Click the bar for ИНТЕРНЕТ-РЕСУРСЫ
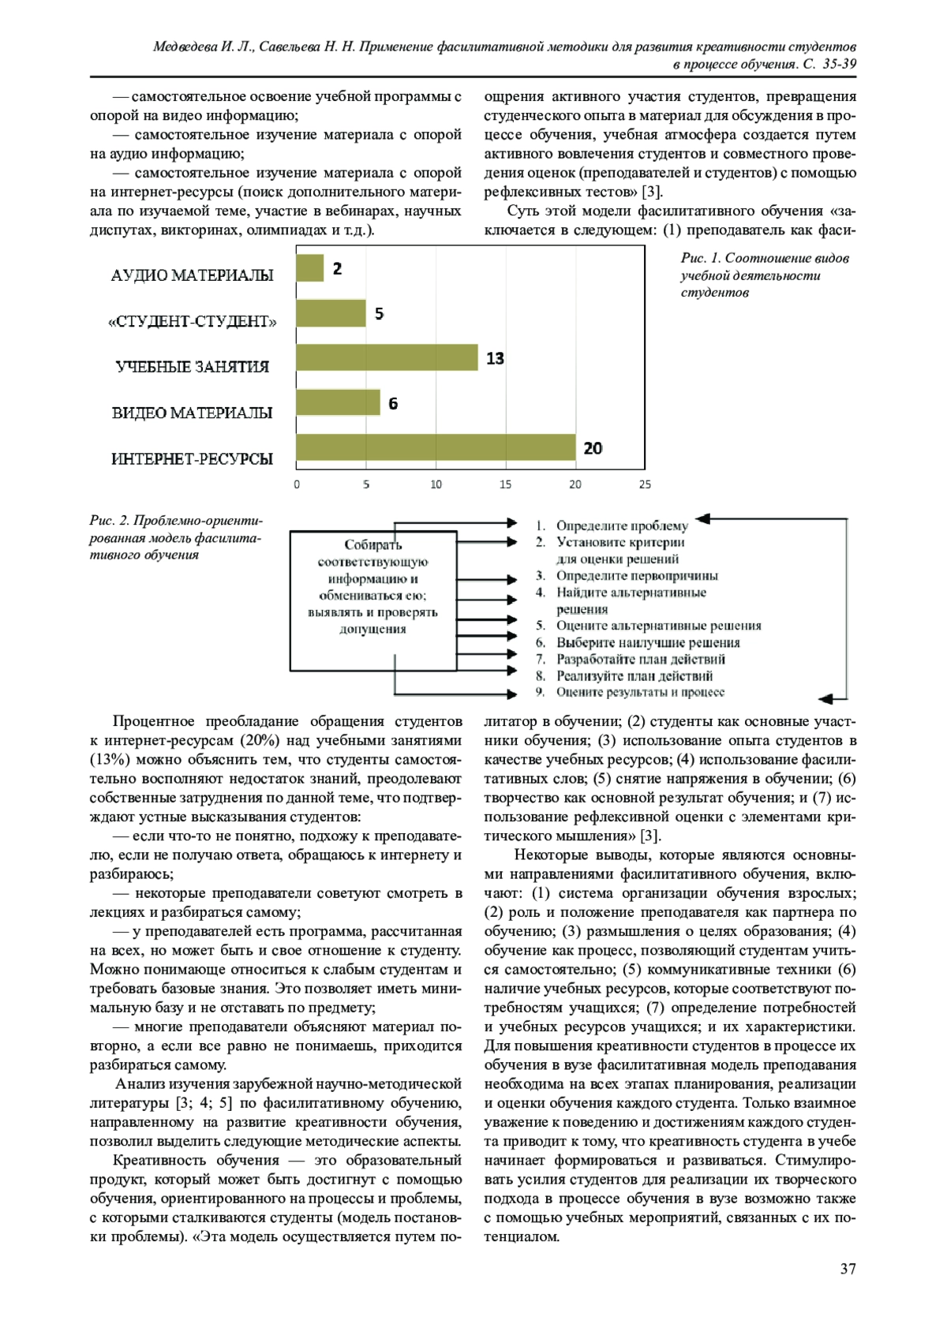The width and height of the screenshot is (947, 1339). tap(436, 448)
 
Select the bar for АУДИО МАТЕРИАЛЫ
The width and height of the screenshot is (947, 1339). tap(310, 268)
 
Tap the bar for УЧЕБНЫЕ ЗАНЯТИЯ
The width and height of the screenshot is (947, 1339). tap(387, 357)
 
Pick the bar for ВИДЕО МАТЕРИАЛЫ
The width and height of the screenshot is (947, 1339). tap(338, 402)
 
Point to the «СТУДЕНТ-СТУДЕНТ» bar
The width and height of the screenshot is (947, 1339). tap(331, 313)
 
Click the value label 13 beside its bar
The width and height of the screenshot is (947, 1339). tap(495, 359)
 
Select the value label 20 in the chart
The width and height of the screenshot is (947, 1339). tap(593, 448)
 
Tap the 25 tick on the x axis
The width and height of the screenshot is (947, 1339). tap(645, 484)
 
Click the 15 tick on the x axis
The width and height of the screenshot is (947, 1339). tap(506, 484)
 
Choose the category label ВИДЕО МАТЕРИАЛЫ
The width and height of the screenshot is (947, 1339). tap(192, 413)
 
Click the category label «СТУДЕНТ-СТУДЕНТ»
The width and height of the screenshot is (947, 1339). tap(192, 321)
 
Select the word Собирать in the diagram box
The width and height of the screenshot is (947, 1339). tap(372, 544)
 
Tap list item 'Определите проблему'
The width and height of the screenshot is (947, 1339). tap(622, 526)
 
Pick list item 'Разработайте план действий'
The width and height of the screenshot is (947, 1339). tap(640, 659)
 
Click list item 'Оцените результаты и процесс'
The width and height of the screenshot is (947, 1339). tap(640, 692)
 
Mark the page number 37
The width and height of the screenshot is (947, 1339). tap(848, 1269)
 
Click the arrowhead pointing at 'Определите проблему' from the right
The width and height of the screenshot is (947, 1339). tap(702, 519)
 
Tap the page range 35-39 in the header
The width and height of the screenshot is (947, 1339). tap(839, 65)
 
